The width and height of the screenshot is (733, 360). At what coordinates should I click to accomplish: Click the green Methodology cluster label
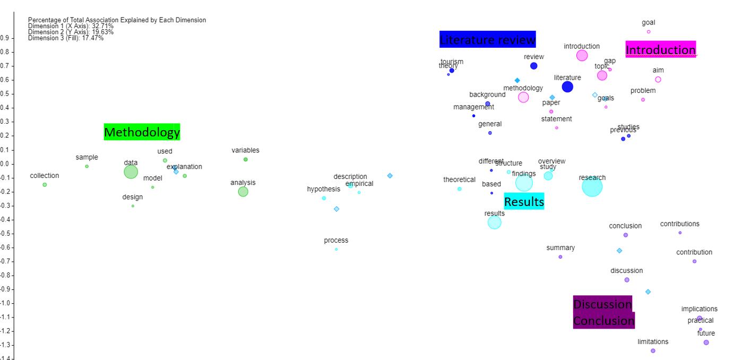click(x=142, y=132)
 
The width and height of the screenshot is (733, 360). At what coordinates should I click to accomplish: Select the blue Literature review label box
click(x=487, y=40)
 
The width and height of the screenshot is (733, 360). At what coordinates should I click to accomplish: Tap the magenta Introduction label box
click(x=660, y=50)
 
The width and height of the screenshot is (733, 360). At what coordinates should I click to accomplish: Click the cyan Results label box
click(x=524, y=202)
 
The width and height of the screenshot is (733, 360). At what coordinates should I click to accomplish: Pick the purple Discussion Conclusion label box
click(x=603, y=312)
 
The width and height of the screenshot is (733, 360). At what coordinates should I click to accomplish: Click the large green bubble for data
click(x=131, y=172)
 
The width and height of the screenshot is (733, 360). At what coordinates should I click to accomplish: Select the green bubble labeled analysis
click(x=243, y=192)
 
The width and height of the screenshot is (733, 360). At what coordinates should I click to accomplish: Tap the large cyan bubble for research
click(x=592, y=186)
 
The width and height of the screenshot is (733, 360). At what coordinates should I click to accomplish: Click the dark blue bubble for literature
click(x=567, y=87)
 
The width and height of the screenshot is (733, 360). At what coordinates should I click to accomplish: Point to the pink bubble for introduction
click(x=582, y=55)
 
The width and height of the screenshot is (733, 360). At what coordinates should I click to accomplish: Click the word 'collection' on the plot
click(x=45, y=176)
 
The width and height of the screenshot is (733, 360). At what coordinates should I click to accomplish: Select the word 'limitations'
click(x=653, y=341)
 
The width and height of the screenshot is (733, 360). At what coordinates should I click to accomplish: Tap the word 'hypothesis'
click(x=323, y=189)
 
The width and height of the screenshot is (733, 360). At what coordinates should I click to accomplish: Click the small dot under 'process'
click(x=336, y=249)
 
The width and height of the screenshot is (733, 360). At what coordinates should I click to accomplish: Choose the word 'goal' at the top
click(x=648, y=22)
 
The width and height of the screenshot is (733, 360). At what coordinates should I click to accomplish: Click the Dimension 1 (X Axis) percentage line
click(x=71, y=26)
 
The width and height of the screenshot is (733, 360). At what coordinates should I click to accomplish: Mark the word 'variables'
click(x=245, y=150)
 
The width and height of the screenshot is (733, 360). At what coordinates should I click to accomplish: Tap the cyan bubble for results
click(x=494, y=222)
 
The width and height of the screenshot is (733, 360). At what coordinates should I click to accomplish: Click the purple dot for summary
click(x=560, y=257)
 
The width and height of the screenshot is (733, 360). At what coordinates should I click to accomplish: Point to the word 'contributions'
click(x=679, y=224)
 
